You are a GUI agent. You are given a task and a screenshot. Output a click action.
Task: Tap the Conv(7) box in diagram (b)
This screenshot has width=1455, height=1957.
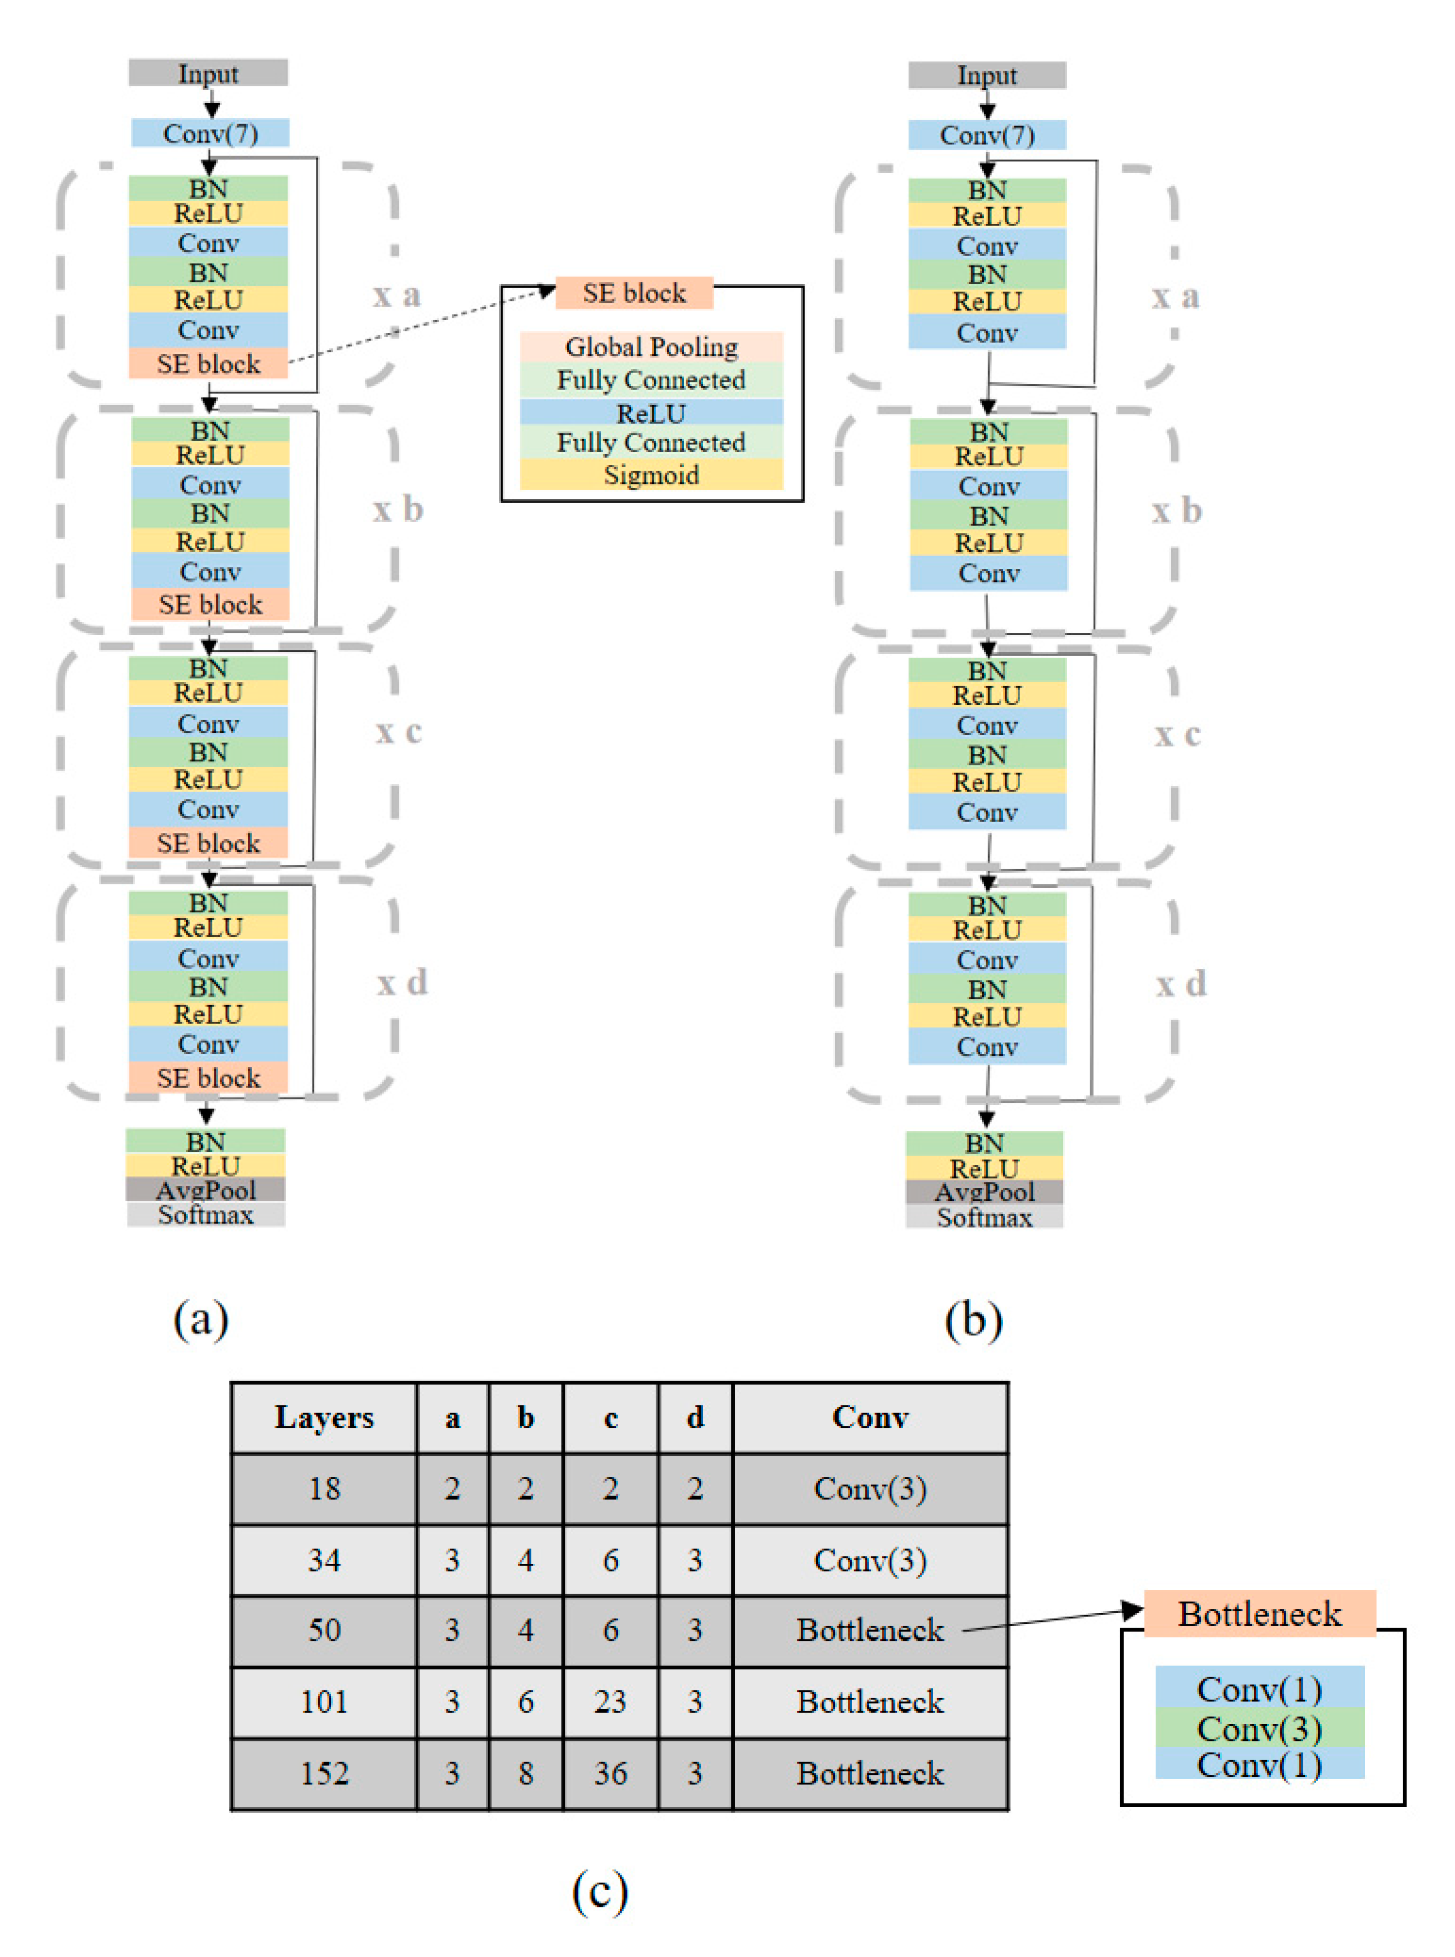pyautogui.click(x=987, y=135)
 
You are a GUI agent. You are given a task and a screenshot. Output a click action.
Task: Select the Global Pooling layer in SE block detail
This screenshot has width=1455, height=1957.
pyautogui.click(x=651, y=346)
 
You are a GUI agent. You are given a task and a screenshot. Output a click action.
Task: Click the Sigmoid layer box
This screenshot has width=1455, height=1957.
pyautogui.click(x=651, y=475)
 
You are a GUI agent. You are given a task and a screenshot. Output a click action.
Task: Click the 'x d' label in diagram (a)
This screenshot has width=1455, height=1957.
pyautogui.click(x=402, y=982)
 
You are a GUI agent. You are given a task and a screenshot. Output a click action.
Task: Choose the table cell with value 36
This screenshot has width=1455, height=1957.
pyautogui.click(x=610, y=1773)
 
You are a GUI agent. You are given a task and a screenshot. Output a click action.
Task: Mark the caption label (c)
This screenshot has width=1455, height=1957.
pyautogui.click(x=600, y=1890)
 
